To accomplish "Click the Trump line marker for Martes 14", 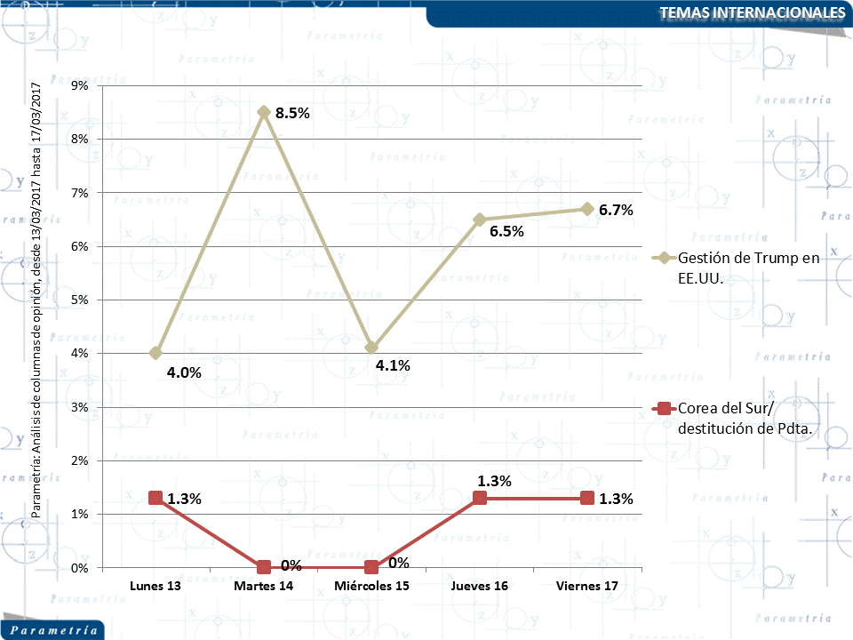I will coord(264,112).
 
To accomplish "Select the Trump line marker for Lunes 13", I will coord(155,353).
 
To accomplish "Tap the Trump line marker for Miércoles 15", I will coord(371,348).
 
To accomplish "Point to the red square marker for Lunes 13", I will coord(155,498).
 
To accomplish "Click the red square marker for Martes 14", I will coord(264,567).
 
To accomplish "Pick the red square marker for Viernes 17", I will coord(587,498).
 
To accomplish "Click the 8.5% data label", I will coord(292,113).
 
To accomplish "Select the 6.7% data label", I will coord(616,211).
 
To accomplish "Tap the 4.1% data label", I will coord(392,364).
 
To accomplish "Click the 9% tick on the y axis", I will coord(79,85).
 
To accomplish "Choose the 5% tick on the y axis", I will coord(79,300).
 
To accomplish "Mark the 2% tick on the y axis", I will coord(79,460).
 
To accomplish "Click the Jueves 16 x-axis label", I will coord(480,587).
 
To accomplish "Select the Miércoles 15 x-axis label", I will coord(371,587).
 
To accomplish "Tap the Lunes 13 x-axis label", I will coord(155,587).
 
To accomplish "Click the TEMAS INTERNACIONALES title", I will coord(753,12).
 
